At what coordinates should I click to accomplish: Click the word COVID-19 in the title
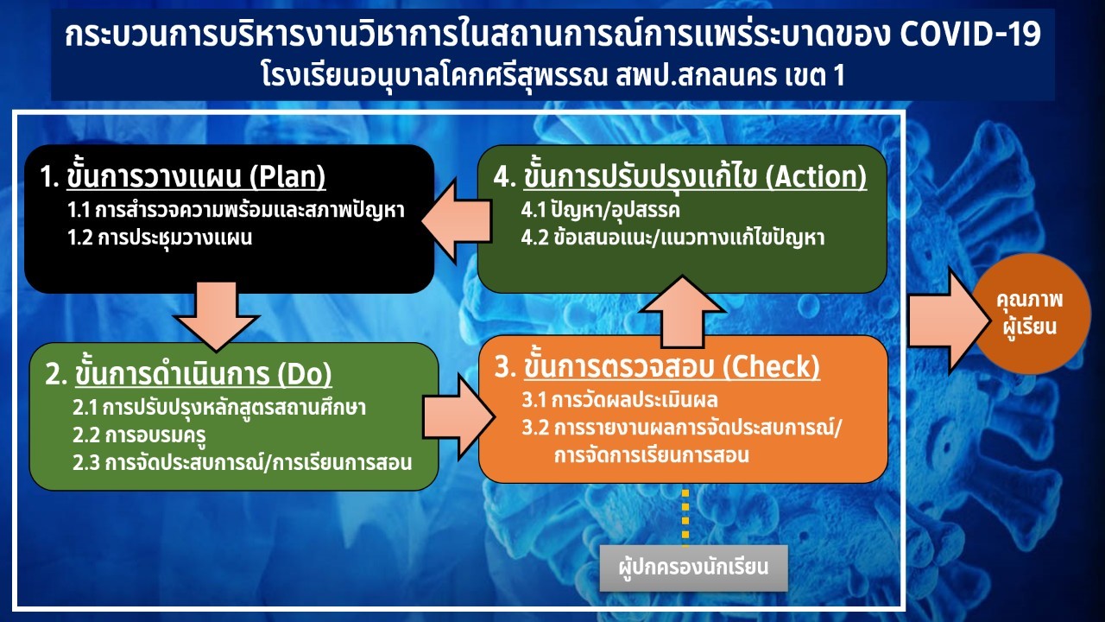tap(970, 34)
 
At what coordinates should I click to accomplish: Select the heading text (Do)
tap(305, 374)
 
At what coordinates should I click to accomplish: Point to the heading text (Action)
tap(816, 176)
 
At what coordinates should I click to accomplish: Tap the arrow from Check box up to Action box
tap(683, 312)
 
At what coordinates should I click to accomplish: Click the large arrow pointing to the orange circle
tap(950, 321)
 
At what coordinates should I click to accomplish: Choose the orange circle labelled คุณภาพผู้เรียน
tap(1031, 314)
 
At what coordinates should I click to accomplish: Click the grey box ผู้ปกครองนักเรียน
tap(693, 568)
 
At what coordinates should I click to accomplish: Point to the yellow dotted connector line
tap(685, 517)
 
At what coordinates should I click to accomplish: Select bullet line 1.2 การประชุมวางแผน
tap(160, 238)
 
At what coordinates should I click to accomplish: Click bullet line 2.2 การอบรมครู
tap(139, 435)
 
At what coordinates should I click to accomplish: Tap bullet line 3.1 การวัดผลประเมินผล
tap(620, 400)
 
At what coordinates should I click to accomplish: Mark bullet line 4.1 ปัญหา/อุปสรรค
tap(600, 210)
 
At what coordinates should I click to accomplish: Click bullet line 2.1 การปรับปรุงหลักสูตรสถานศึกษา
tap(219, 408)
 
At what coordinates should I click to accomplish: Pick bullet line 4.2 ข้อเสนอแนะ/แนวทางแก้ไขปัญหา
tap(672, 238)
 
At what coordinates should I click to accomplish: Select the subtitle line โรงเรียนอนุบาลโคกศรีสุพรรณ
tap(434, 76)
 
